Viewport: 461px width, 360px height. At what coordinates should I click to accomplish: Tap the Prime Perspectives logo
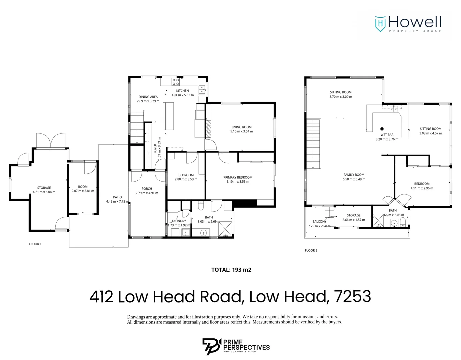(236, 346)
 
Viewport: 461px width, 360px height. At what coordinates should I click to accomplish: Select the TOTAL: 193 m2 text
(231, 270)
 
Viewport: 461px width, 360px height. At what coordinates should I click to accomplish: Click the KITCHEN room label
(182, 91)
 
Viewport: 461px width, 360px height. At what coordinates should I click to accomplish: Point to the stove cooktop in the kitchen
(176, 82)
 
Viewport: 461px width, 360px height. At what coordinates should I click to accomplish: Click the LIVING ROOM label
(241, 127)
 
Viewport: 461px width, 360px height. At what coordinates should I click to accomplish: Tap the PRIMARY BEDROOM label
(238, 177)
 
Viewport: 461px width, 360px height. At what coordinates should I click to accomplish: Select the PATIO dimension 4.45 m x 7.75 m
(117, 201)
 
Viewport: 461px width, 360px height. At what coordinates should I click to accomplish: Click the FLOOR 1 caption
(35, 244)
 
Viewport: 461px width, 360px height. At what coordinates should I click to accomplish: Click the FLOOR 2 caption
(311, 250)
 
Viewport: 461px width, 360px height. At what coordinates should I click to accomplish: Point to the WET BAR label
(387, 135)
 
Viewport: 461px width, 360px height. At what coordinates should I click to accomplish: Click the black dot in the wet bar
(382, 129)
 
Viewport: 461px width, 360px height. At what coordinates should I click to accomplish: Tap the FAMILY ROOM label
(354, 175)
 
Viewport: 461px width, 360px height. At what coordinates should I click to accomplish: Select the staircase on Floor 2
(313, 144)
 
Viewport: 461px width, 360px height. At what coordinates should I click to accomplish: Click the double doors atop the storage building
(51, 141)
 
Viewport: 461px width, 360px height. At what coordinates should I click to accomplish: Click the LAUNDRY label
(179, 221)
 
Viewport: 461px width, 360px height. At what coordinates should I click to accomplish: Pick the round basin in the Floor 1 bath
(203, 233)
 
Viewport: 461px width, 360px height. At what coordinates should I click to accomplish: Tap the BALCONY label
(319, 222)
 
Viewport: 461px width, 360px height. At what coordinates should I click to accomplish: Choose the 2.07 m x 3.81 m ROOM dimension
(83, 191)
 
